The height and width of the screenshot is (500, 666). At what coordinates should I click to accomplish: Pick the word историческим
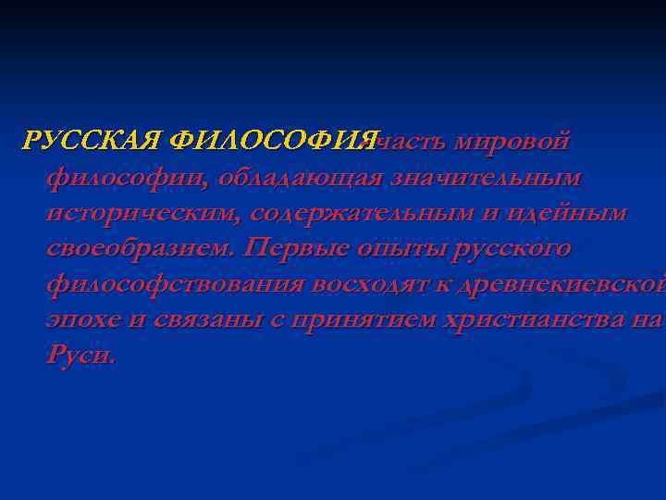[139, 213]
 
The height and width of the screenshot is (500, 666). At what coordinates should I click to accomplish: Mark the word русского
[508, 249]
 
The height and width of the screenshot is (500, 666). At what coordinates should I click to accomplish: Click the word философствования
[175, 285]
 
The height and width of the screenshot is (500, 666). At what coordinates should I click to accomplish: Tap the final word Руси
[80, 356]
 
